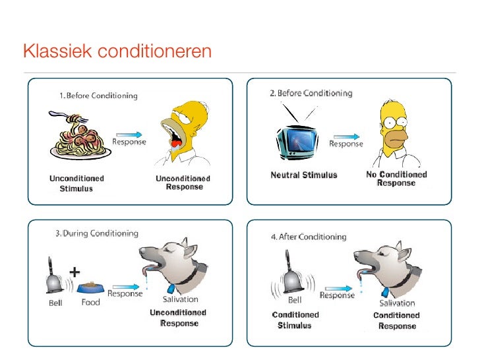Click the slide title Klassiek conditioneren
pyautogui.click(x=117, y=51)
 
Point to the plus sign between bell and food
pyautogui.click(x=75, y=271)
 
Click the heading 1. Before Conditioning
pyautogui.click(x=98, y=96)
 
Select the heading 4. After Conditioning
pyautogui.click(x=309, y=237)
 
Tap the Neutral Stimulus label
pyautogui.click(x=304, y=175)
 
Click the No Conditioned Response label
pyautogui.click(x=396, y=179)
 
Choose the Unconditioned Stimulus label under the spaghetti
pyautogui.click(x=76, y=183)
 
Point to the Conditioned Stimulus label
pyautogui.click(x=295, y=320)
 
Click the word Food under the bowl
pyautogui.click(x=90, y=303)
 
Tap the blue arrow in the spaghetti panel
pyautogui.click(x=128, y=133)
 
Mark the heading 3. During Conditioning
pyautogui.click(x=96, y=233)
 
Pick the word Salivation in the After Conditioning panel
pyautogui.click(x=396, y=303)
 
